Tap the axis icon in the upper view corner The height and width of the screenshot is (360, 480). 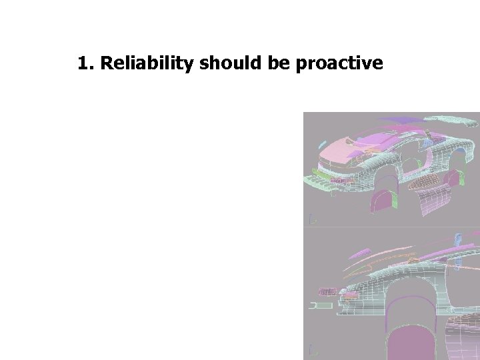point(311,219)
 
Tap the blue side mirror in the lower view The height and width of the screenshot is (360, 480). point(459,239)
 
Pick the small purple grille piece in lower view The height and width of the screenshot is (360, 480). point(327,292)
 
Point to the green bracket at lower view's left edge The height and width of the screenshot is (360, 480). point(320,306)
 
